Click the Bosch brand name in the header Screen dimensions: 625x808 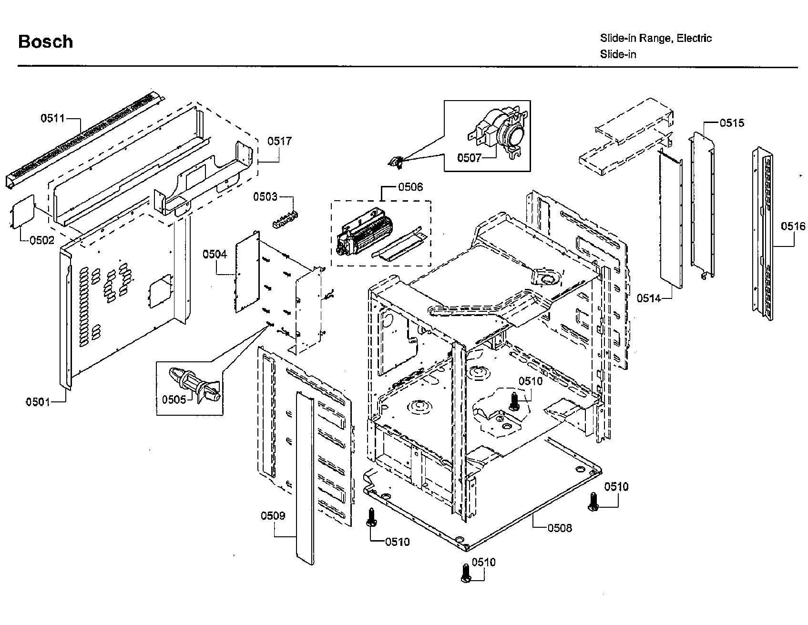pos(45,42)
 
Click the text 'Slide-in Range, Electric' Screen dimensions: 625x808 pos(655,38)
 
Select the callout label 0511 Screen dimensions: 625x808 pos(52,118)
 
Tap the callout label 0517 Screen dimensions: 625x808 pos(279,141)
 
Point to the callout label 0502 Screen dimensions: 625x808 pos(42,240)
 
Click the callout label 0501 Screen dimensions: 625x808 pos(38,402)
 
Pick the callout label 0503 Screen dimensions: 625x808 pos(265,196)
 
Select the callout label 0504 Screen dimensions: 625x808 pos(215,254)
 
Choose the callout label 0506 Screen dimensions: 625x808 pos(410,187)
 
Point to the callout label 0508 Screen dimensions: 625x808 pos(560,528)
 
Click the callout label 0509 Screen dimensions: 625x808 pos(273,516)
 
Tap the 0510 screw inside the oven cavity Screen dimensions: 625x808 pos(513,401)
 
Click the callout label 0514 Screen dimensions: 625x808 pos(649,298)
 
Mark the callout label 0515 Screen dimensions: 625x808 pos(732,123)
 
